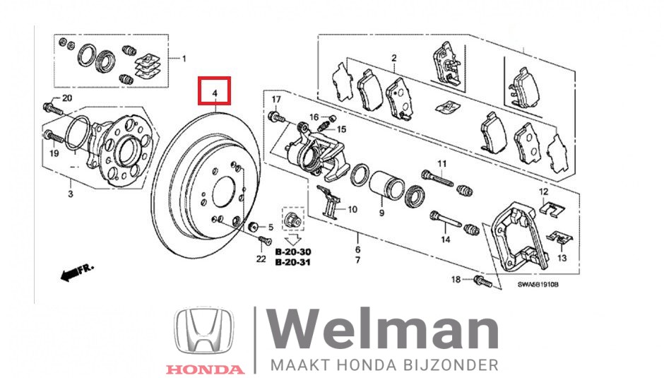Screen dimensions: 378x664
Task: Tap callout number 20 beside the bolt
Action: (x=67, y=98)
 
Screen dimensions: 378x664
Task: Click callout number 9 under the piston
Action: (x=381, y=213)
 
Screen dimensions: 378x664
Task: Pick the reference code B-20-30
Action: (x=293, y=252)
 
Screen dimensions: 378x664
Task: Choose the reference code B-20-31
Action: (x=293, y=262)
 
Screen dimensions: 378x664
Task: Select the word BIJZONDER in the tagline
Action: (x=456, y=365)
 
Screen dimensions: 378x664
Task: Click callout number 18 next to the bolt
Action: (x=456, y=280)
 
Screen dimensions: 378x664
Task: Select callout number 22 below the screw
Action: (x=261, y=259)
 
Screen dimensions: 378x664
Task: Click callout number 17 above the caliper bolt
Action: (x=276, y=98)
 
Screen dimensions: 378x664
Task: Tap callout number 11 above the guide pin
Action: (x=442, y=165)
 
